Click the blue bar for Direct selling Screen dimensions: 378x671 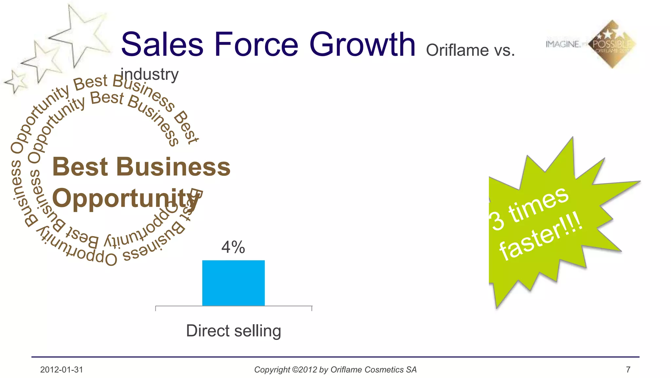(233, 283)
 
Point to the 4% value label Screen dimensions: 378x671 (233, 247)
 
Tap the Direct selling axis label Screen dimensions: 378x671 (233, 330)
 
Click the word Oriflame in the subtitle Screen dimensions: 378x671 (457, 51)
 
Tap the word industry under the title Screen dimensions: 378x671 (150, 74)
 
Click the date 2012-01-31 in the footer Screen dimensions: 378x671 (62, 370)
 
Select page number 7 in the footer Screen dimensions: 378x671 (628, 370)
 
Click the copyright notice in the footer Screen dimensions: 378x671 (335, 370)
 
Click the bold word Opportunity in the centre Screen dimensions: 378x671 (126, 198)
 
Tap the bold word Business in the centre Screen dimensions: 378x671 (173, 167)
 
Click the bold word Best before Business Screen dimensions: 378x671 (80, 167)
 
